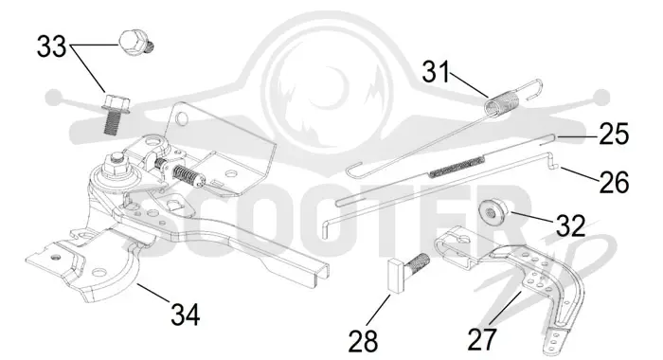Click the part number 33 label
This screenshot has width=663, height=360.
(x=51, y=46)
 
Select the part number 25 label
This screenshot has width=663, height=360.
(x=614, y=134)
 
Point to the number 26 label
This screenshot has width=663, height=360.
(x=614, y=182)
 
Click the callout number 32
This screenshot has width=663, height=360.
(x=570, y=225)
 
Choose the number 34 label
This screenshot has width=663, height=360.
(x=186, y=315)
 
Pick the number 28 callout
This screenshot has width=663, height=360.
(x=363, y=341)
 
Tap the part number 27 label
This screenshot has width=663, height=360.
(x=482, y=339)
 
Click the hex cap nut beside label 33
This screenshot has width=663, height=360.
(x=135, y=43)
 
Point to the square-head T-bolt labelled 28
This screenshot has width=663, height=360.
(x=407, y=271)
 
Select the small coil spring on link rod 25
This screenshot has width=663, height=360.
(x=457, y=167)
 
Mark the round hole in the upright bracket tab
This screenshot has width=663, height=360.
(x=182, y=118)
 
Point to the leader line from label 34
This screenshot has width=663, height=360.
(x=153, y=292)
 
